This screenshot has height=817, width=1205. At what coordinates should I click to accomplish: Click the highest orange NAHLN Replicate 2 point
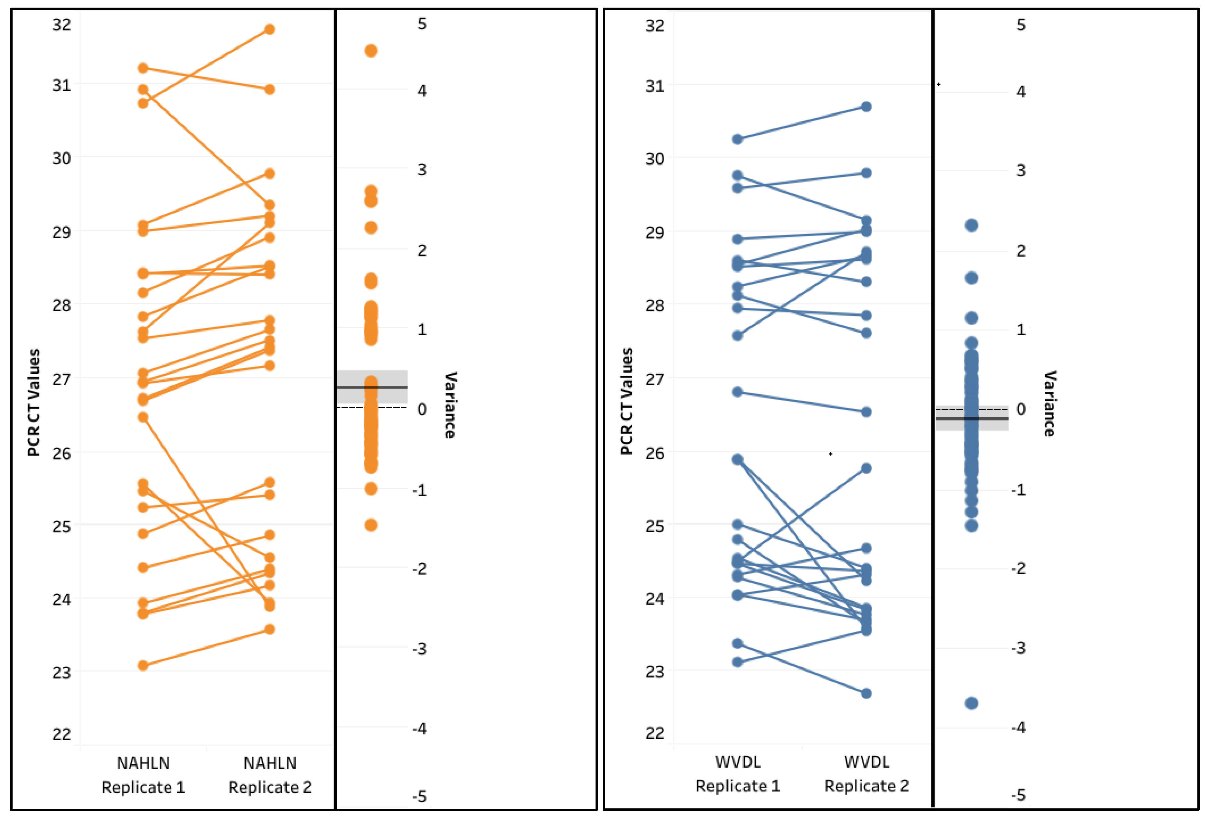tap(270, 29)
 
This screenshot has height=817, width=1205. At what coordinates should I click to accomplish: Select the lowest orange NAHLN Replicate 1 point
tap(143, 665)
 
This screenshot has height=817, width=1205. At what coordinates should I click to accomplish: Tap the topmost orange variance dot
tap(371, 50)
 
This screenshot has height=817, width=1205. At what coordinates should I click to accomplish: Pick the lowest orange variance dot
tap(371, 525)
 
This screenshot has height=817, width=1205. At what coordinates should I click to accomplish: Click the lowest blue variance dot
tap(971, 703)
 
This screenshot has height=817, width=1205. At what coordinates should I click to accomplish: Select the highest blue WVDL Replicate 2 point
tap(866, 106)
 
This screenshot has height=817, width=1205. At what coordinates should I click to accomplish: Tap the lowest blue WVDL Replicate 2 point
tap(866, 693)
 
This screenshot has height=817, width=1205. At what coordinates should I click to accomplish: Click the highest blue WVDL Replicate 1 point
tap(737, 139)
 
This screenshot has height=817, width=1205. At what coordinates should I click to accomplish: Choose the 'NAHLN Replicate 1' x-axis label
tap(143, 775)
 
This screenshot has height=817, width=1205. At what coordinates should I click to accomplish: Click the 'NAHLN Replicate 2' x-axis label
tap(270, 775)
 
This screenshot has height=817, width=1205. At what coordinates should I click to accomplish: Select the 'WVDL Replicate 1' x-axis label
tap(737, 774)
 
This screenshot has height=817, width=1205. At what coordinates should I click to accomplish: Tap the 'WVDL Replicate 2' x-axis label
tap(866, 774)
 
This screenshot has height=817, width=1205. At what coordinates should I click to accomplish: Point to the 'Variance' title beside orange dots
tap(450, 405)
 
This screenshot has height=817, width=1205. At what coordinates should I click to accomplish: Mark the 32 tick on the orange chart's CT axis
tap(61, 25)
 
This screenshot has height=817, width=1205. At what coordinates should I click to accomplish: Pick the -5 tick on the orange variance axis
tap(420, 796)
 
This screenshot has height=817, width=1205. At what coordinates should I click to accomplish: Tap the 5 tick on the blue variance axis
tap(1020, 25)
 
